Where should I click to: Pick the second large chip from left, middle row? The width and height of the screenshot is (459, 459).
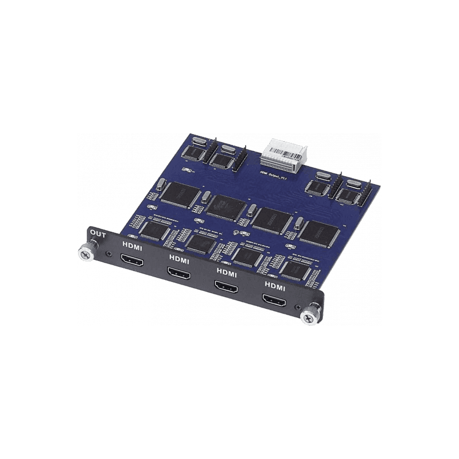226,206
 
